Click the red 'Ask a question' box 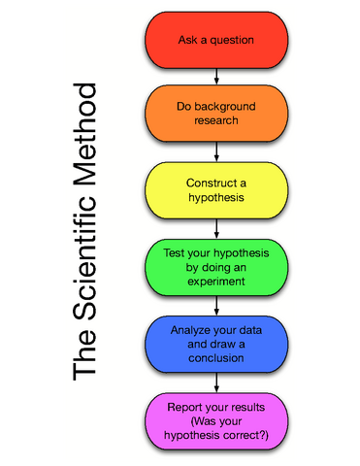pos(216,40)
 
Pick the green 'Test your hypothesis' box pos(216,266)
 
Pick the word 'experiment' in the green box pos(216,282)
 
